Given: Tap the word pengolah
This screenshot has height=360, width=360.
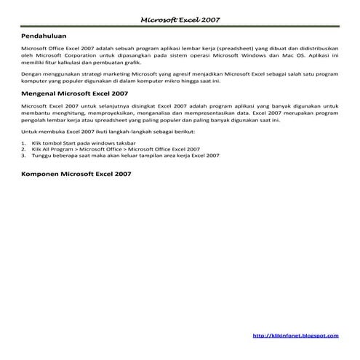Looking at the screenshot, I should coord(36,122).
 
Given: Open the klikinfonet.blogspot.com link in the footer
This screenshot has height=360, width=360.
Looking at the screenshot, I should coord(295,335).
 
